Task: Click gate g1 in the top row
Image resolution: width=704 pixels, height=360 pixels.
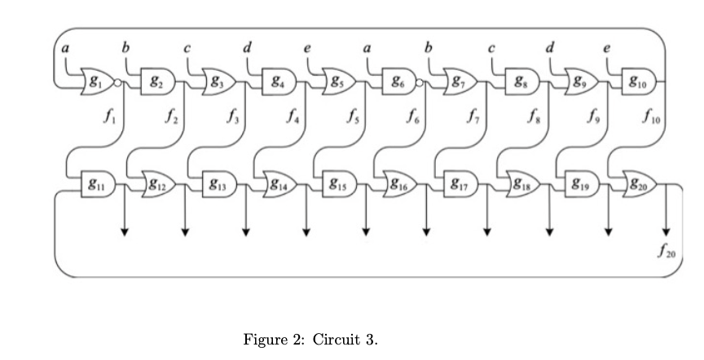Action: click(x=97, y=81)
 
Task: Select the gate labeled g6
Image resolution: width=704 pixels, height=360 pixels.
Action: click(x=398, y=81)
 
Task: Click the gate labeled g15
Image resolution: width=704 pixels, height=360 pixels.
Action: click(x=336, y=181)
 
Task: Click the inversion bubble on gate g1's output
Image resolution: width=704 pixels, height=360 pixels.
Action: click(x=118, y=82)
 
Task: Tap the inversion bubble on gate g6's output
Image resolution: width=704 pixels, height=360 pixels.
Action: click(x=419, y=82)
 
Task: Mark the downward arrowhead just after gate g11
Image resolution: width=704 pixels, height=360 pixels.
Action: click(x=125, y=233)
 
